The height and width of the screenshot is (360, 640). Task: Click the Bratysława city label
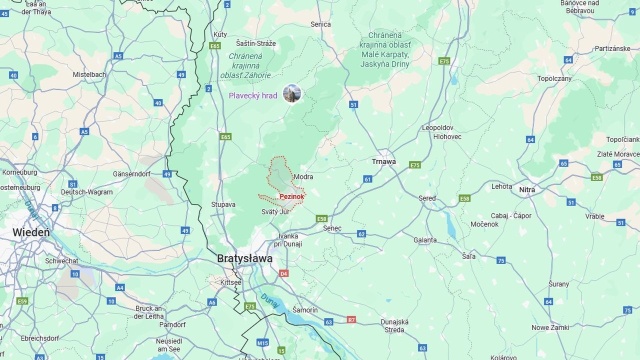coord(246,258)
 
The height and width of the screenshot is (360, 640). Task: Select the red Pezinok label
coord(292,197)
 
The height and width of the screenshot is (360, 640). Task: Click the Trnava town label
coord(383,161)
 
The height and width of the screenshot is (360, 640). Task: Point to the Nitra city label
coord(527,189)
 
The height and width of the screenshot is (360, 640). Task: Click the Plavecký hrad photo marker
coord(292,94)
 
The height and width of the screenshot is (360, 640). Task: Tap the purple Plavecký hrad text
coord(253,95)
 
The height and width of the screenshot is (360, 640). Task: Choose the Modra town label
coord(303,177)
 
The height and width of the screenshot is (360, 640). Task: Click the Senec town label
coord(334,228)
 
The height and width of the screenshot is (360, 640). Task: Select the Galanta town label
coord(425,240)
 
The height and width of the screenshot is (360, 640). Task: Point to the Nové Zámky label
coord(550,327)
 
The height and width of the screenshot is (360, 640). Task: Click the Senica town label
coord(320,24)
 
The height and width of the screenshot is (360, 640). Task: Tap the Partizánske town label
coord(612,47)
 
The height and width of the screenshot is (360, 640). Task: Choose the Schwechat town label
coord(61,260)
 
